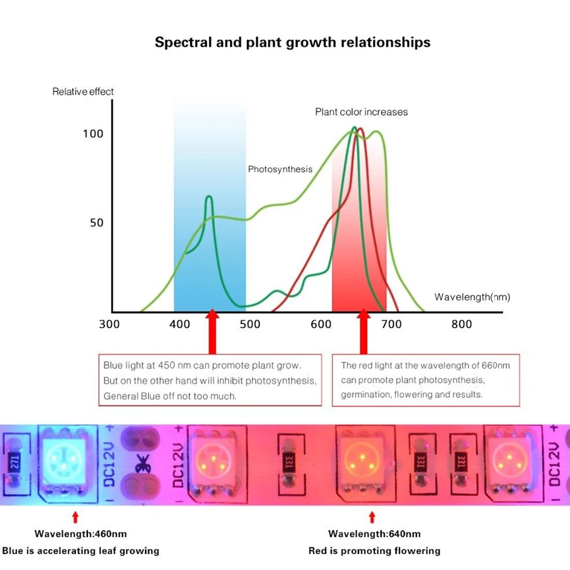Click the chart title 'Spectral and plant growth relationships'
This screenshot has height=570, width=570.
pyautogui.click(x=293, y=42)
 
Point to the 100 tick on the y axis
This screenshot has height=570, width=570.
pyautogui.click(x=92, y=134)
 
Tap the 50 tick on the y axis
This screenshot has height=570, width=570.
pyautogui.click(x=96, y=223)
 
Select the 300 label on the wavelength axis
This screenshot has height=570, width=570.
pyautogui.click(x=109, y=324)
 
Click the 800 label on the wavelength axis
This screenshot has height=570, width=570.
pyautogui.click(x=462, y=324)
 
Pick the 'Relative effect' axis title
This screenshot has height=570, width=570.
pyautogui.click(x=83, y=92)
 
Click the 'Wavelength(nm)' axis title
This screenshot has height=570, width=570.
pyautogui.click(x=472, y=297)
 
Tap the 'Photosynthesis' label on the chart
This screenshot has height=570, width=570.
pyautogui.click(x=280, y=169)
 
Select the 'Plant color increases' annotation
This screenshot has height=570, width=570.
pyautogui.click(x=362, y=112)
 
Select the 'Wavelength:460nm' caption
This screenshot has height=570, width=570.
pyautogui.click(x=80, y=534)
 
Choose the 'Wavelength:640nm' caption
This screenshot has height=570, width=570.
pyautogui.click(x=374, y=534)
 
